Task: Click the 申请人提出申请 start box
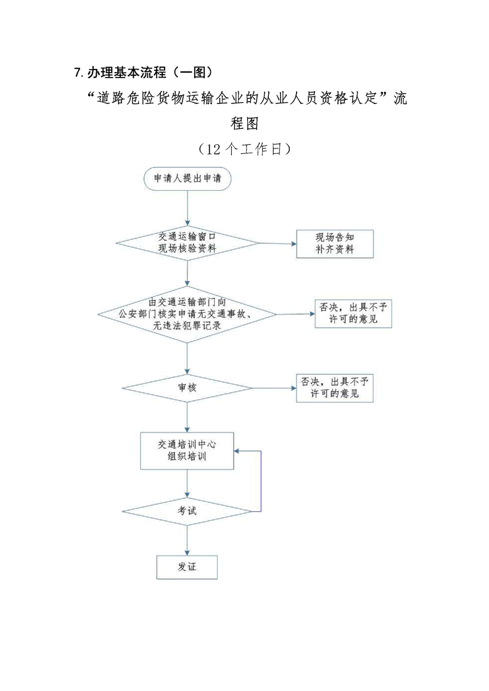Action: (187, 179)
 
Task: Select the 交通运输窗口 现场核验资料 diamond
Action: (187, 243)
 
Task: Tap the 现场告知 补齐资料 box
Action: (335, 243)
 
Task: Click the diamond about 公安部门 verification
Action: (187, 313)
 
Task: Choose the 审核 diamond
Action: (187, 387)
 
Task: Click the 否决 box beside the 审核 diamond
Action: (334, 387)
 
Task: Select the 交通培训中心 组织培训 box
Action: (187, 451)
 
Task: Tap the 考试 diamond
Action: (187, 511)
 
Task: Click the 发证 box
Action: (187, 567)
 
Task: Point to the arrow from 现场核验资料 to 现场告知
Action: (277, 243)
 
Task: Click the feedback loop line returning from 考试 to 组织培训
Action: (261, 480)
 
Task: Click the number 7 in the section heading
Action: (76, 73)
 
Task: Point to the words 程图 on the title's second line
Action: (244, 123)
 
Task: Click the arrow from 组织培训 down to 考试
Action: (187, 483)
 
